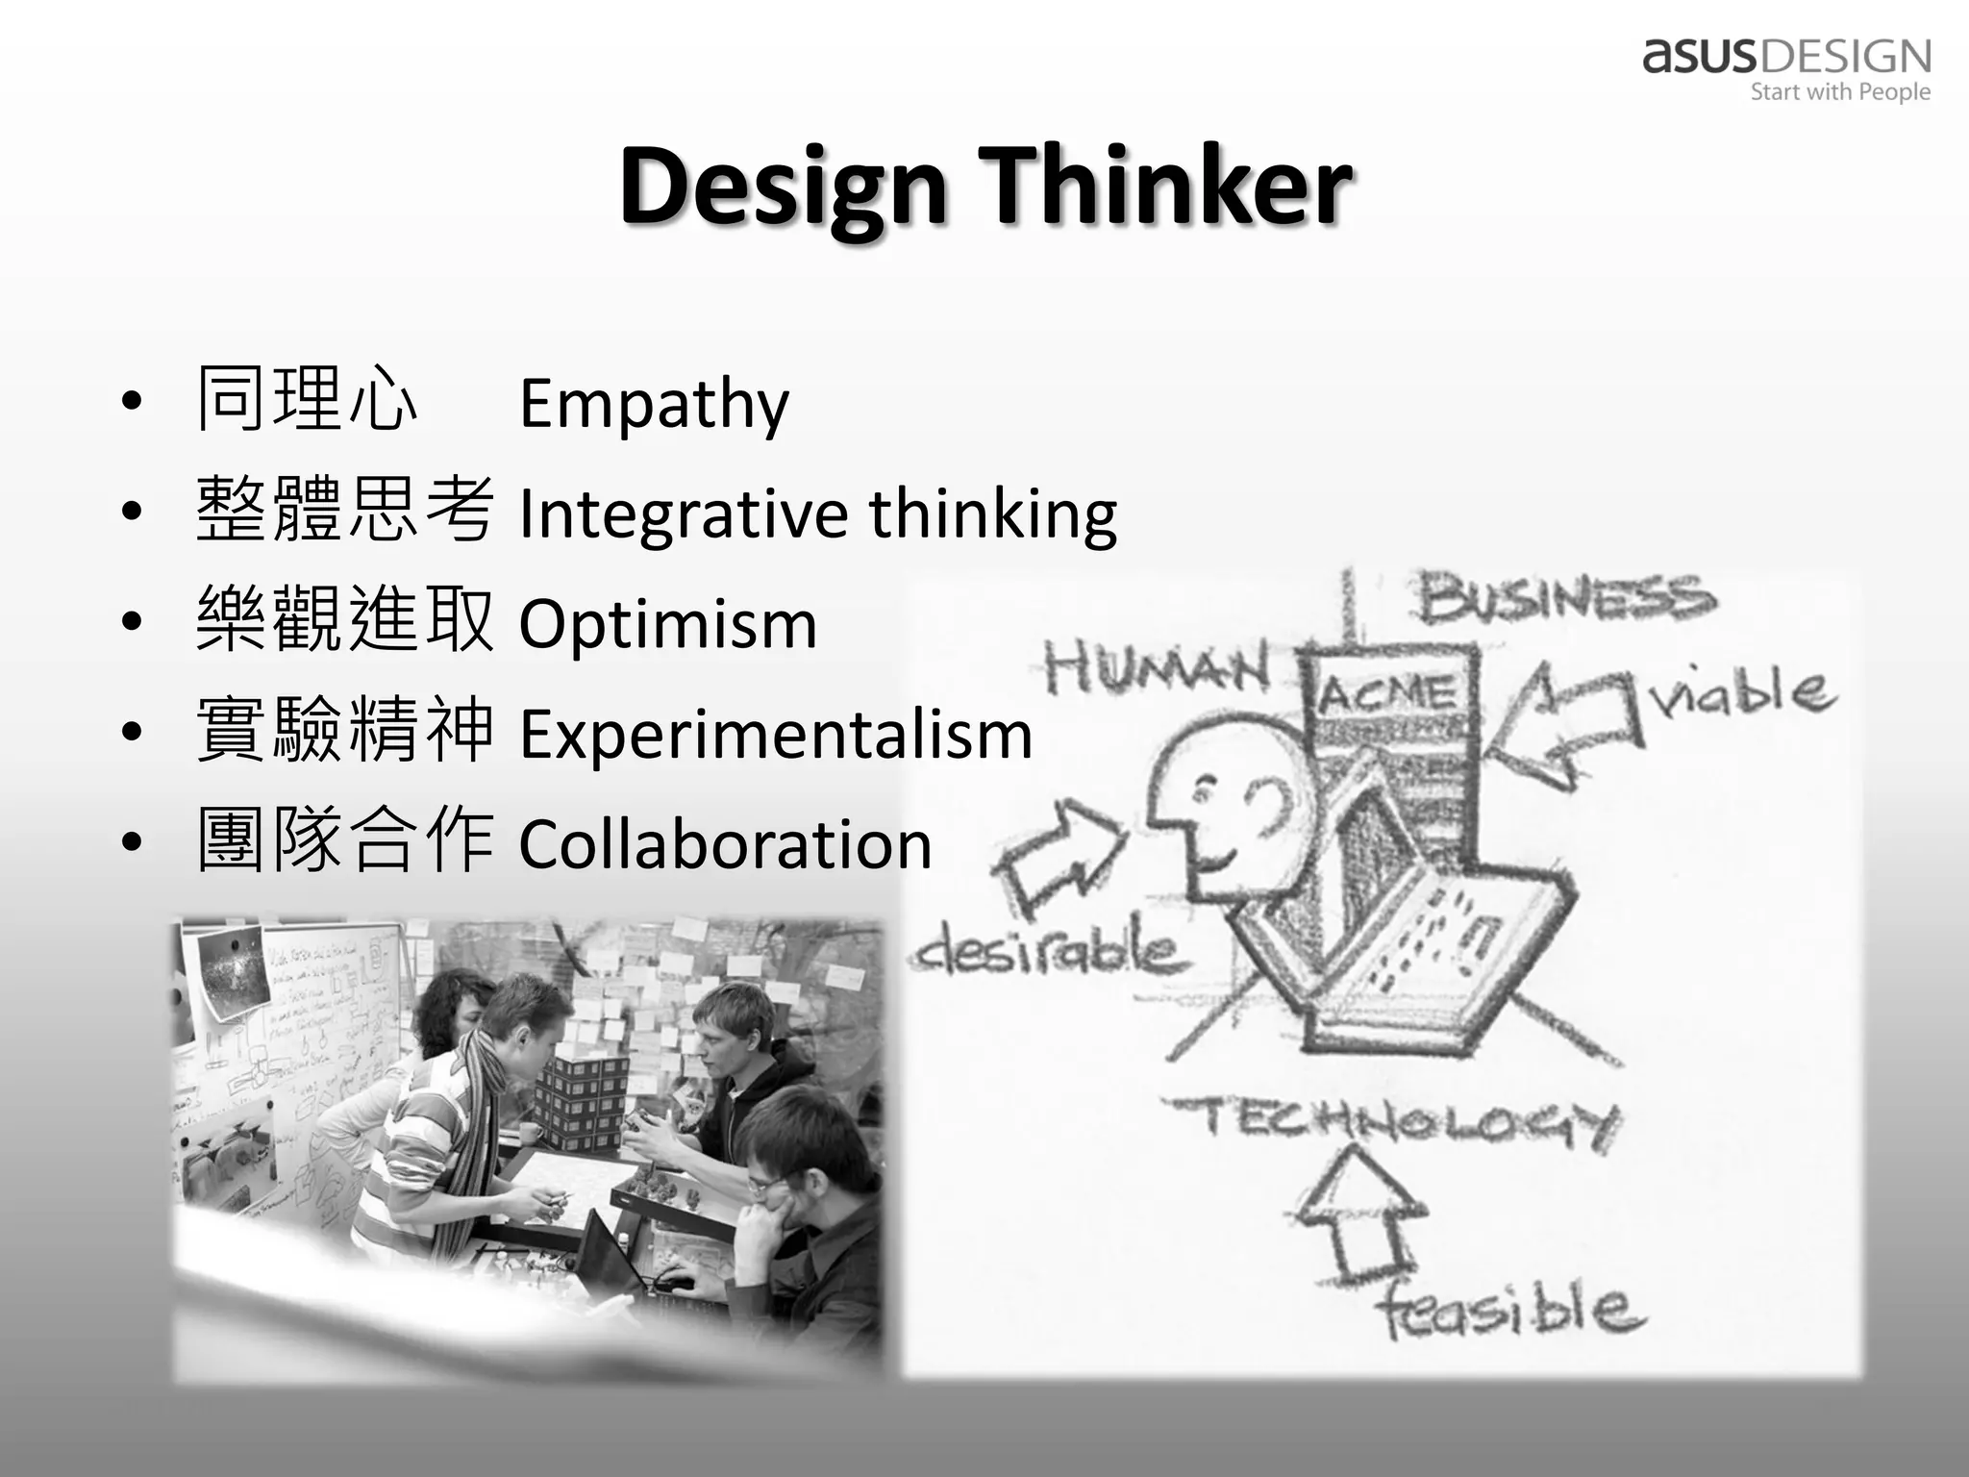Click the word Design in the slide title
784,188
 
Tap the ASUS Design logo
1786,58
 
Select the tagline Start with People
1839,92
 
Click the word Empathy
654,404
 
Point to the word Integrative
683,513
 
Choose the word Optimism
668,625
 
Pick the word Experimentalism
775,735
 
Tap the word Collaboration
725,844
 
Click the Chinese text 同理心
307,400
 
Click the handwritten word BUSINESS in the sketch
1565,597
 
